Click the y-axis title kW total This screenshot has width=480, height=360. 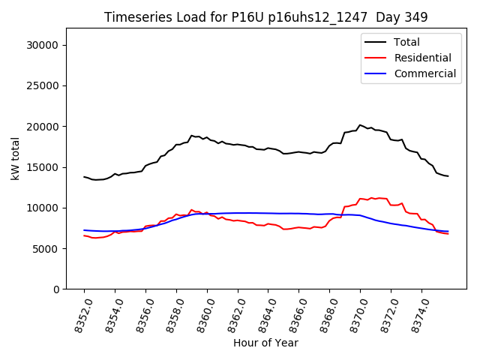(14, 158)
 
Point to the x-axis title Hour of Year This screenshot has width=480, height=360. (265, 343)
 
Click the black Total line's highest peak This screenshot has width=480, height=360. (360, 125)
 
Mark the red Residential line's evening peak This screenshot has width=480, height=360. (378, 198)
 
